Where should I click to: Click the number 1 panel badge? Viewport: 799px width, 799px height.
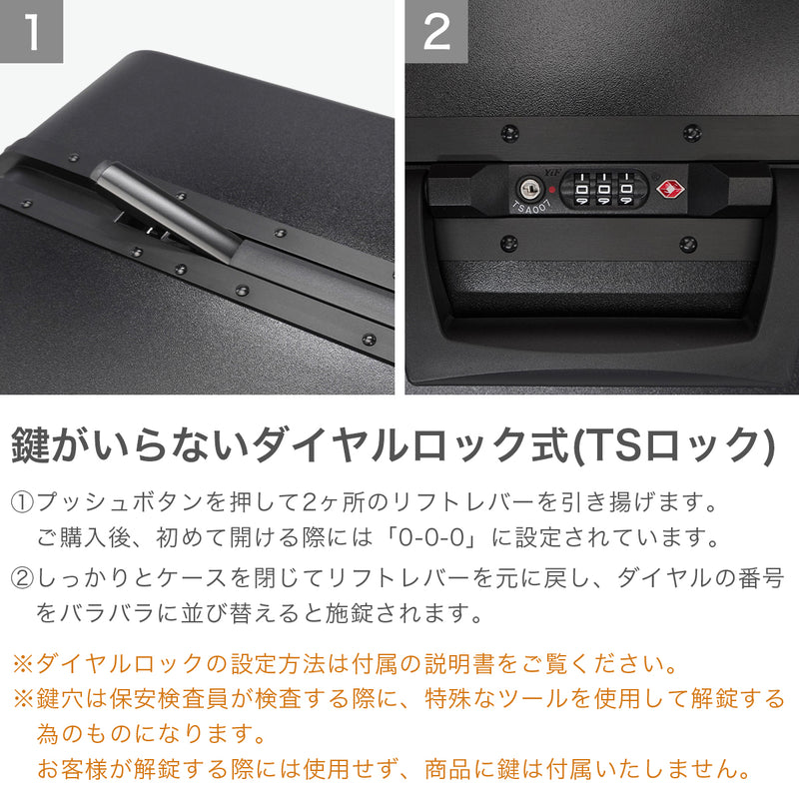(31, 31)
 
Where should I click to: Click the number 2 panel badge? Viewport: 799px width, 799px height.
(436, 31)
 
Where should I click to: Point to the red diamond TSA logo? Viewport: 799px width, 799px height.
(670, 190)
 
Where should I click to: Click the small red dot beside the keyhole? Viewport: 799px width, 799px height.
(552, 190)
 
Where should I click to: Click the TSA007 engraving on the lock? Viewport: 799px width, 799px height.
(531, 207)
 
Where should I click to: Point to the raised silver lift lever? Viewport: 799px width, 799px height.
(168, 210)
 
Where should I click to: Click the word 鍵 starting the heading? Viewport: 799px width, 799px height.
(31, 444)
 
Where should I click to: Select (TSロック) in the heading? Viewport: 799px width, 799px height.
(673, 444)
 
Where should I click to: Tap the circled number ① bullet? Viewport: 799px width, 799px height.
(22, 502)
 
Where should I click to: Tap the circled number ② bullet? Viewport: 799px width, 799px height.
(22, 578)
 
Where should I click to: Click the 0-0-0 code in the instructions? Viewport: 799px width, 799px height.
(431, 537)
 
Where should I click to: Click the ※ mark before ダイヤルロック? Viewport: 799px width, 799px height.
(23, 664)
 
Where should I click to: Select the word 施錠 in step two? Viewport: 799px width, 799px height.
(350, 613)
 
